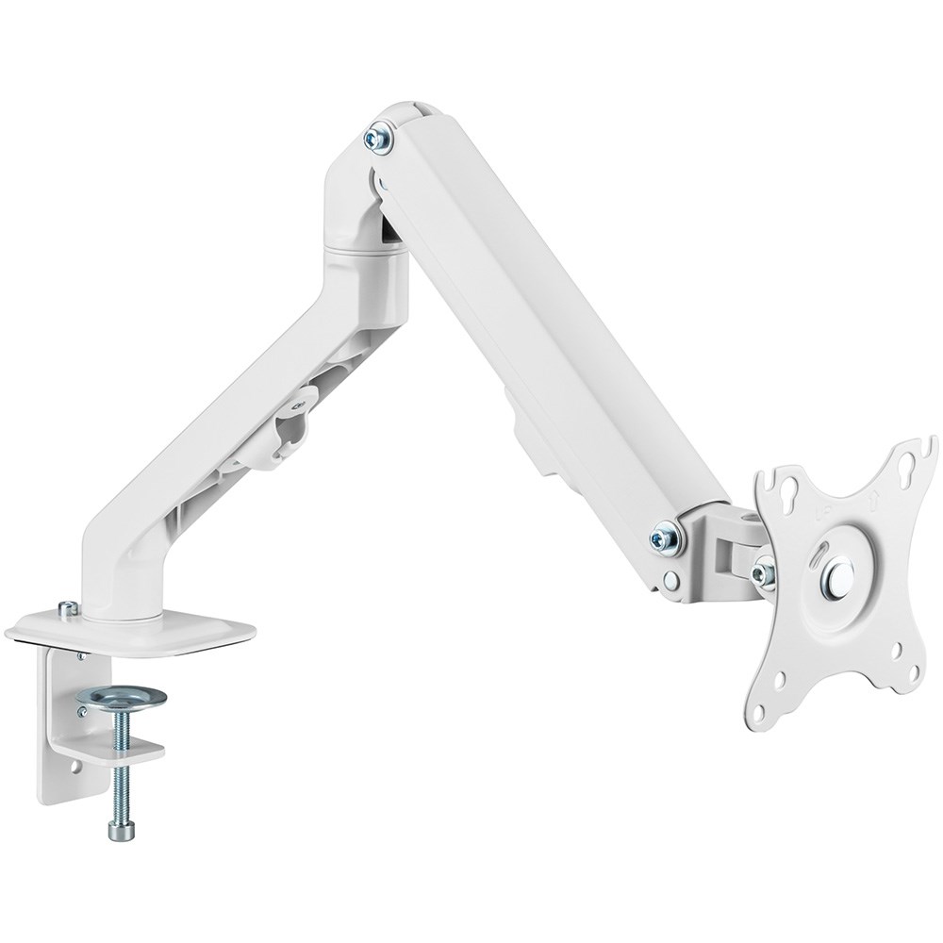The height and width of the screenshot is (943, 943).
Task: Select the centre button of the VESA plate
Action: pos(836,578)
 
